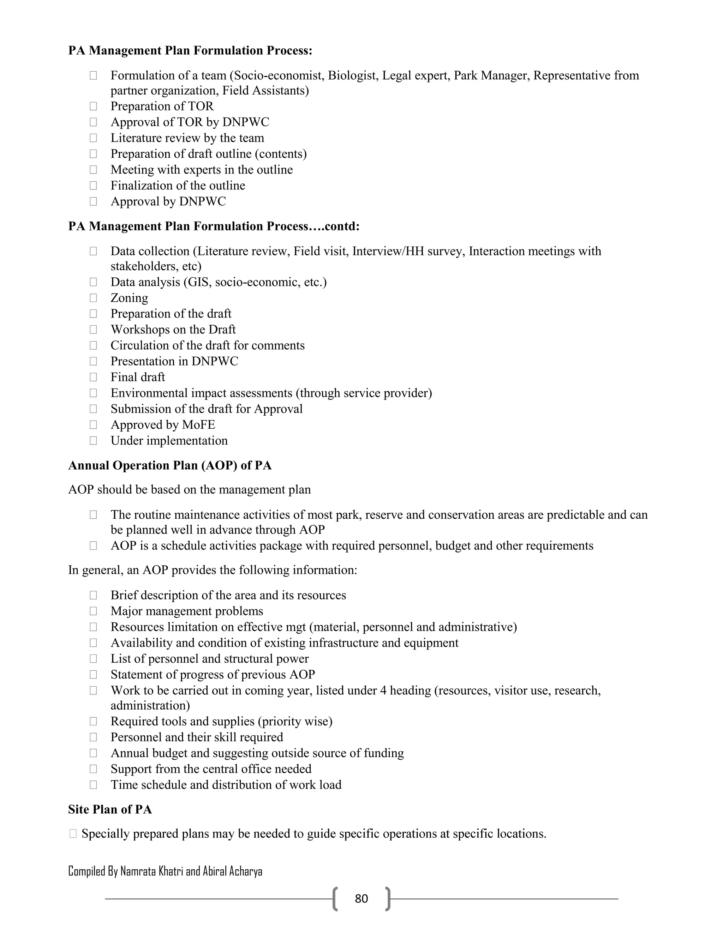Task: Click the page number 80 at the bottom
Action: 361,898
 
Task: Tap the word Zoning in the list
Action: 129,298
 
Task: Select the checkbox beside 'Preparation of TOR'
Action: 93,106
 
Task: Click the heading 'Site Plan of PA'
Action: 110,809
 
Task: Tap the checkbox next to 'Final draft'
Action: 93,377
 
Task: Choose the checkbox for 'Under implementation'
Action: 93,441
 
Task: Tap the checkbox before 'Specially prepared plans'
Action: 73,833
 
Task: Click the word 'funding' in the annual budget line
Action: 383,753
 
